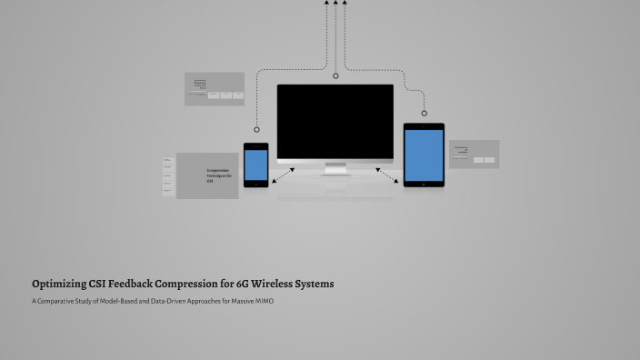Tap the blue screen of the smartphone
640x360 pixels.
255,165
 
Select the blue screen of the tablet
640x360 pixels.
424,155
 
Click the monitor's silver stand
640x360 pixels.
335,168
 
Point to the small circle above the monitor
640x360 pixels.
335,76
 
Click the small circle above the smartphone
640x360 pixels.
256,130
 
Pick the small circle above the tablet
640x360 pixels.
425,113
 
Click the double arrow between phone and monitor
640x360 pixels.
283,174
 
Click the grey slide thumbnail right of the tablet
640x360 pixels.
474,155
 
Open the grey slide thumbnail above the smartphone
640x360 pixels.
215,89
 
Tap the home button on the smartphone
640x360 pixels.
255,184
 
